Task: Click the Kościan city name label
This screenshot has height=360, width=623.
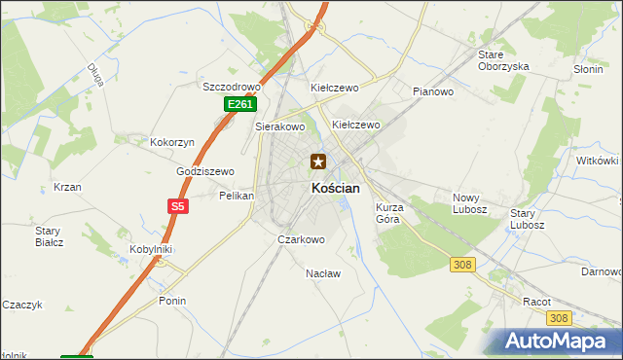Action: (x=335, y=189)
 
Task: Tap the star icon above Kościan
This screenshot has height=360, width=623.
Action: (x=317, y=162)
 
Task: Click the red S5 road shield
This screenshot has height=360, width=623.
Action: (x=176, y=206)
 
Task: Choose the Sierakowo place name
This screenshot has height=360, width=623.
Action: (x=280, y=126)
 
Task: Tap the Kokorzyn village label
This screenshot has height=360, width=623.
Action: (x=172, y=142)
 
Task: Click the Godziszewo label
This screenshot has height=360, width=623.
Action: (x=205, y=171)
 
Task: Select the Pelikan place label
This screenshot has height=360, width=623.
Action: (x=237, y=196)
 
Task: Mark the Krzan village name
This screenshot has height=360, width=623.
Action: (x=67, y=187)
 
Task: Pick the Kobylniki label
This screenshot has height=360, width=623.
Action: (x=151, y=249)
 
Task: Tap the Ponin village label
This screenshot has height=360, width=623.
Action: (x=172, y=301)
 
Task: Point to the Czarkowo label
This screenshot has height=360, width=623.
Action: (x=301, y=238)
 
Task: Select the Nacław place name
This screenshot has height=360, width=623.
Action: (x=323, y=273)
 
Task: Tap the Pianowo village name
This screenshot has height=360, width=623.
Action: (x=433, y=91)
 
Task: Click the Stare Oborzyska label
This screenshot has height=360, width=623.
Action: (x=503, y=60)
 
